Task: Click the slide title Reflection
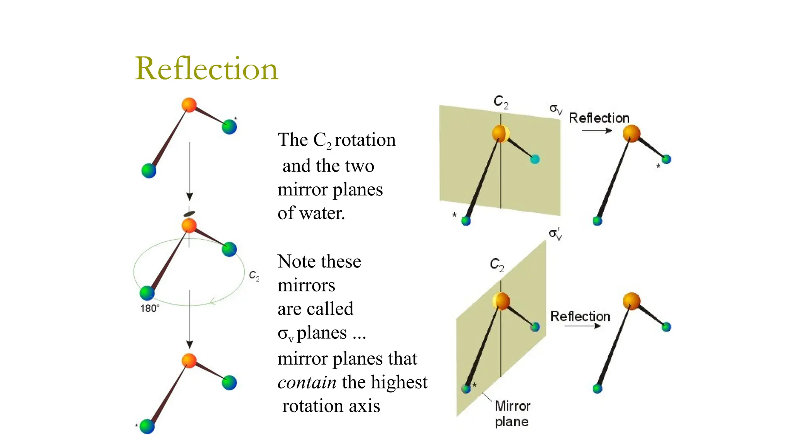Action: pos(206,69)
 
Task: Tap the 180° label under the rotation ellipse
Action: pos(150,308)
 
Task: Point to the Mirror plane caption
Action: pos(512,414)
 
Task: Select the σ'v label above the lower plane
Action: pos(555,234)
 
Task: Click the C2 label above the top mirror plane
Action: pos(501,102)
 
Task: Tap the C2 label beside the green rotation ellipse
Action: pos(254,276)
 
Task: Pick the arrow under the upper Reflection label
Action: pos(596,131)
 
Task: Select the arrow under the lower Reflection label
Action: pos(582,326)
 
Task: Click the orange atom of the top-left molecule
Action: pos(189,105)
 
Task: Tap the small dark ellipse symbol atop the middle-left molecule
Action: pos(189,214)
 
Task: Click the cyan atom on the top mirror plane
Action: pos(535,159)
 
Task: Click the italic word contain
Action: pos(307,382)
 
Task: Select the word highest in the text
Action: pos(399,382)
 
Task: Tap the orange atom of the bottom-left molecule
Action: pos(189,360)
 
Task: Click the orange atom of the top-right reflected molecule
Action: pos(631,133)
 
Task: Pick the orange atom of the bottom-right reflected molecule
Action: pos(631,301)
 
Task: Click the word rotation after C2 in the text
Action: pos(365,140)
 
